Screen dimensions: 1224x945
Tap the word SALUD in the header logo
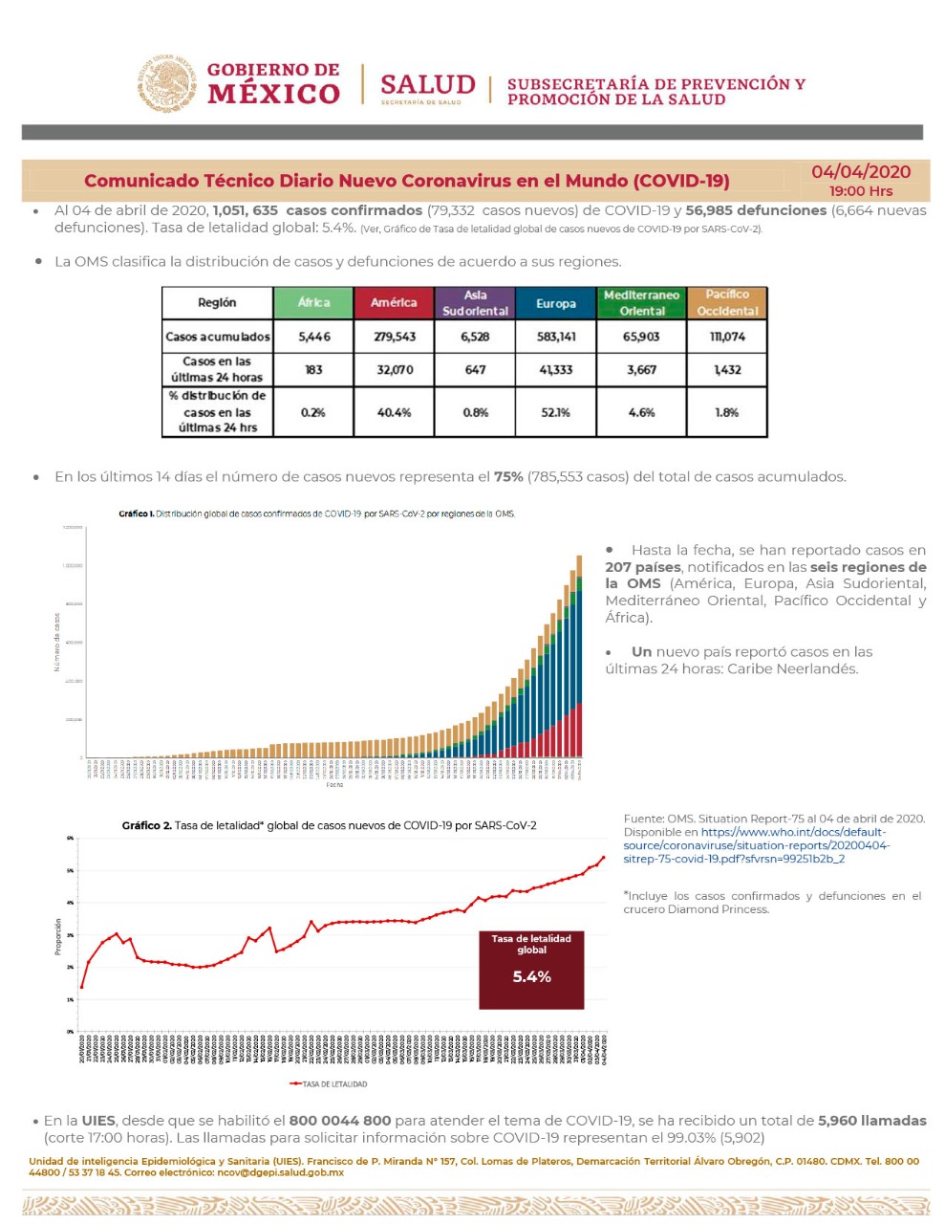pyautogui.click(x=427, y=84)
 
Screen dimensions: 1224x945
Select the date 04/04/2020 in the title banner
pyautogui.click(x=861, y=172)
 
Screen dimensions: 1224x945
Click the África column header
pyautogui.click(x=313, y=303)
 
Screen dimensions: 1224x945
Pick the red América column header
pyautogui.click(x=394, y=303)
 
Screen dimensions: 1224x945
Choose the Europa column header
pyautogui.click(x=555, y=303)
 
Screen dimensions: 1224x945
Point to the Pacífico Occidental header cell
pyautogui.click(x=727, y=303)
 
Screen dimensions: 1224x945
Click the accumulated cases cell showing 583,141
pyautogui.click(x=555, y=337)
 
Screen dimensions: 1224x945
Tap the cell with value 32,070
pyautogui.click(x=395, y=370)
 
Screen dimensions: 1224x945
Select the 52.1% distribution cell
pyautogui.click(x=555, y=413)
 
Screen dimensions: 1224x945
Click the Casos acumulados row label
pyautogui.click(x=218, y=337)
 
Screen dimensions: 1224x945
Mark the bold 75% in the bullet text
pyautogui.click(x=508, y=477)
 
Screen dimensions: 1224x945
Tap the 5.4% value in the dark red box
pyautogui.click(x=531, y=976)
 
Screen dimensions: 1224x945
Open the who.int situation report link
pyautogui.click(x=756, y=845)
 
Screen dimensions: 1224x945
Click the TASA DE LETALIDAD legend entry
pyautogui.click(x=329, y=1084)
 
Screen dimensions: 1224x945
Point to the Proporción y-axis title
pyautogui.click(x=58, y=937)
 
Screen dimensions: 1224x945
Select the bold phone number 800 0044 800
pyautogui.click(x=340, y=1121)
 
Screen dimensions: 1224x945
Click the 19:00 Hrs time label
pyautogui.click(x=861, y=191)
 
